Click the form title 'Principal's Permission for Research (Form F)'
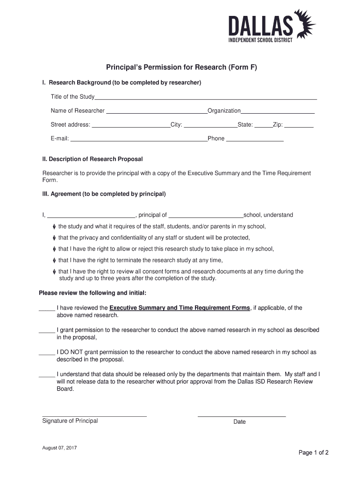point(181,67)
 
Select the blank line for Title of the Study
point(206,98)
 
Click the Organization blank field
point(277,111)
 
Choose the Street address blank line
point(131,125)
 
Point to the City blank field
point(210,125)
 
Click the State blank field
point(263,125)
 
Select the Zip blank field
point(299,125)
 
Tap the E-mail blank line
point(138,139)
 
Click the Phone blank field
point(255,139)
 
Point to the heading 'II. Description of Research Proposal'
point(93,159)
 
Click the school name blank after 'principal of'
point(206,216)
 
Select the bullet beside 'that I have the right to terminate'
point(54,261)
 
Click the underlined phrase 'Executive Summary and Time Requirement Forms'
point(180,308)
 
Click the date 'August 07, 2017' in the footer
point(59,448)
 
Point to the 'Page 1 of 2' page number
point(314,452)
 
